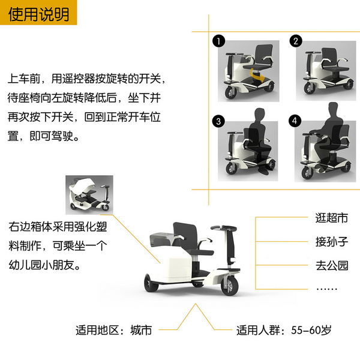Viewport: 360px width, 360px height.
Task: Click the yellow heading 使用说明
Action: tap(38, 14)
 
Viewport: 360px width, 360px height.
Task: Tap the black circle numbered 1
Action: tap(218, 41)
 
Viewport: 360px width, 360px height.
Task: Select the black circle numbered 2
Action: tap(296, 41)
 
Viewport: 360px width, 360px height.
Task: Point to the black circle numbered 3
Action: tap(218, 121)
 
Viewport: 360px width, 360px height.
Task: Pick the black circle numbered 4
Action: tap(295, 121)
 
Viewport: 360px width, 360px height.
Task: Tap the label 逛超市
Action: tap(332, 218)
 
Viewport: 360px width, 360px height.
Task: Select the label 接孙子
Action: tap(332, 242)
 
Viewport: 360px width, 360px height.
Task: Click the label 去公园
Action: tap(332, 265)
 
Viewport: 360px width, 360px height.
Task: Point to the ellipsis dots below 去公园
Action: tap(326, 289)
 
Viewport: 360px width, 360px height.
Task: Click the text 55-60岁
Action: tap(311, 330)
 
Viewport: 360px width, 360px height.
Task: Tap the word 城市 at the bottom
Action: tap(141, 331)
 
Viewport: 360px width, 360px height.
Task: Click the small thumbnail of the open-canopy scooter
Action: tap(89, 195)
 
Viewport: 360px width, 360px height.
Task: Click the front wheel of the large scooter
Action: tap(230, 286)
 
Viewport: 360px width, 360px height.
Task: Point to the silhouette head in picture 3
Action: tap(260, 114)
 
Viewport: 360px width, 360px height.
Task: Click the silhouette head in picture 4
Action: tap(333, 109)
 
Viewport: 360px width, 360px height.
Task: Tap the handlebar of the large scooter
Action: tap(224, 228)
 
